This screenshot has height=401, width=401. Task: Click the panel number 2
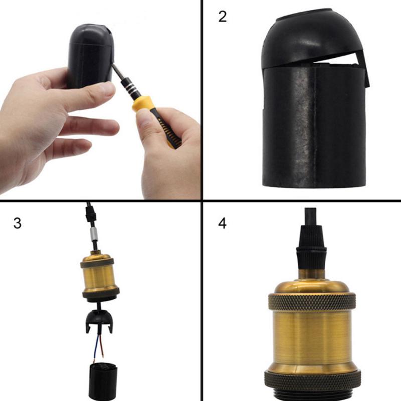click(x=223, y=16)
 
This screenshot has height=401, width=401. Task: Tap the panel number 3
click(x=17, y=222)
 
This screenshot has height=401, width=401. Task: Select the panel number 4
click(x=223, y=222)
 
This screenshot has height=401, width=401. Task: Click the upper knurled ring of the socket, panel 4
click(x=312, y=301)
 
